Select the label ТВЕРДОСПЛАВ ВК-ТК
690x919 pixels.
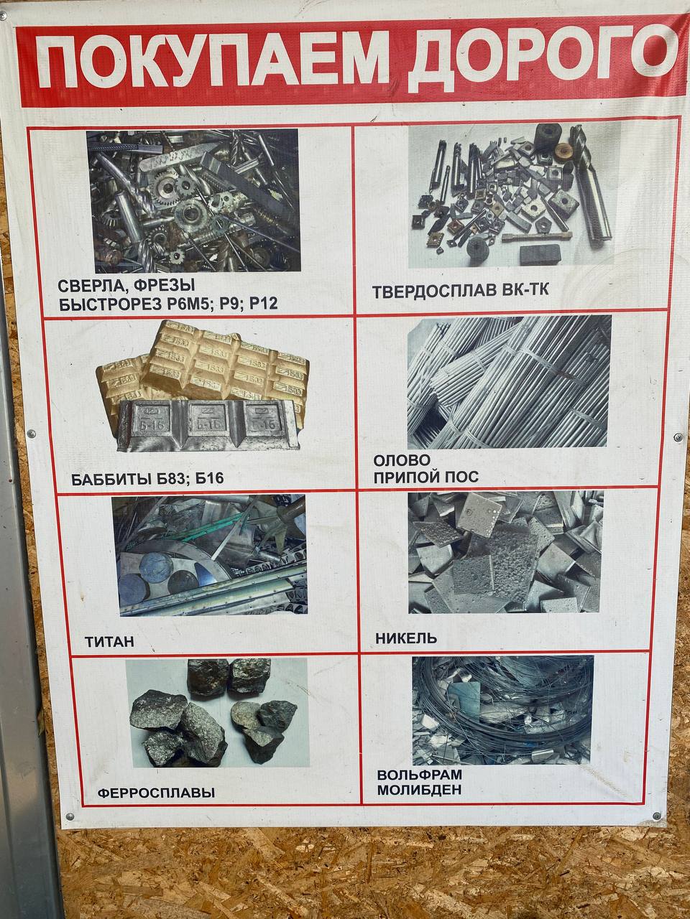click(461, 290)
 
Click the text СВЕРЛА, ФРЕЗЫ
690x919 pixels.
click(126, 286)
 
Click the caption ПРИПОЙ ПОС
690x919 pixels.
click(426, 477)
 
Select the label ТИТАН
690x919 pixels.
click(110, 642)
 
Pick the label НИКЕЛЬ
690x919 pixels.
click(406, 638)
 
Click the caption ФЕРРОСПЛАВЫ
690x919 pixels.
click(156, 805)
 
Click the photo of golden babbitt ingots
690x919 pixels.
click(203, 386)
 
